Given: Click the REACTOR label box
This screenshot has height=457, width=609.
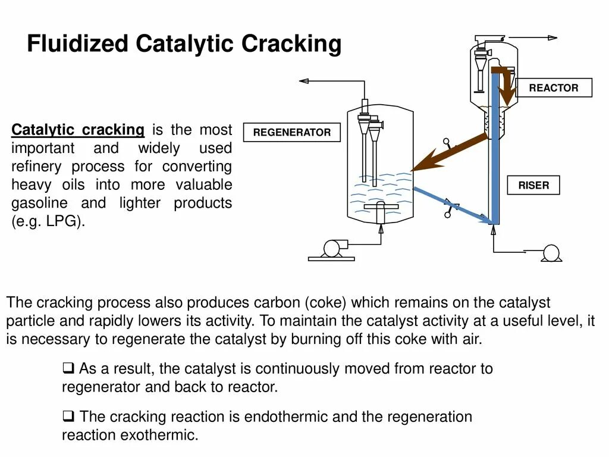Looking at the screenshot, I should [x=554, y=88].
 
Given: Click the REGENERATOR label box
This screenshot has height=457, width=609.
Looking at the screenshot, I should [x=292, y=133].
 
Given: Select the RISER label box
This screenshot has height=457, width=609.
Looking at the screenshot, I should [x=533, y=186].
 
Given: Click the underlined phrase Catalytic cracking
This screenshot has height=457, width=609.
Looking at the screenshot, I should [x=78, y=130].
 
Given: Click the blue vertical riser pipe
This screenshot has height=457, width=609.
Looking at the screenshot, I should [x=495, y=149].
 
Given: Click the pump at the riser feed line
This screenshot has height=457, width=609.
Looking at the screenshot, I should [x=551, y=253].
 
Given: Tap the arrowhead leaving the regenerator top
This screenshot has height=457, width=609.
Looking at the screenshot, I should [x=303, y=80].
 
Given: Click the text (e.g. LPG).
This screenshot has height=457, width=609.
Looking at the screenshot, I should [x=48, y=222].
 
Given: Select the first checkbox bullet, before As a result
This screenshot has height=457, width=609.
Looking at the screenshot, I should [x=68, y=368].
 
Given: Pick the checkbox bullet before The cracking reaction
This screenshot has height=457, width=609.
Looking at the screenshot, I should [x=68, y=416].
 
